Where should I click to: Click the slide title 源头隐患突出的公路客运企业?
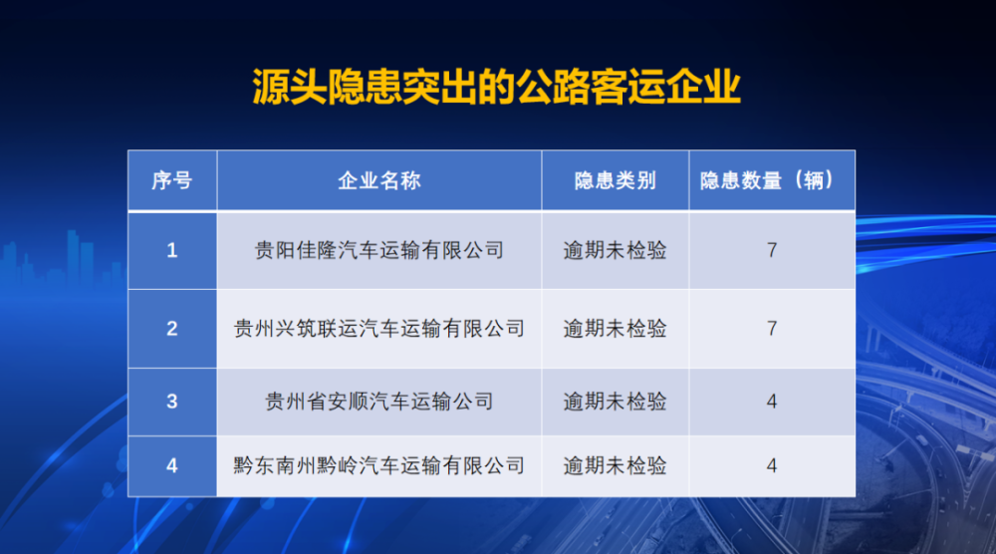[497, 87]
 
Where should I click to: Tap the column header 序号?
[172, 180]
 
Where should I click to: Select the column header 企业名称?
[379, 180]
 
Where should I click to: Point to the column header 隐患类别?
[615, 180]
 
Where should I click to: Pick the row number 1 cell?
[172, 250]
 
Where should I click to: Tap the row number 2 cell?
[172, 329]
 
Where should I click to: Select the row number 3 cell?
[172, 402]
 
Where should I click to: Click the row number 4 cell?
[172, 465]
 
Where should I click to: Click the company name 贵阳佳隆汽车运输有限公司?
[379, 250]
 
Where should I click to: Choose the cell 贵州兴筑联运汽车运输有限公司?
[379, 329]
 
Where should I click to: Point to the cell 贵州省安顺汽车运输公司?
[379, 402]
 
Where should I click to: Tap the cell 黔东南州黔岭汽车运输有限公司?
[379, 465]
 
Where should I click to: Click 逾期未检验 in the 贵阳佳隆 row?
[615, 250]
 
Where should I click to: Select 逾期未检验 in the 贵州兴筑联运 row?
[615, 329]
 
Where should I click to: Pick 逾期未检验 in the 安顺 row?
[615, 402]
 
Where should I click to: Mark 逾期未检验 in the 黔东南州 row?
[615, 465]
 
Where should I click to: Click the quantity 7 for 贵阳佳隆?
[772, 250]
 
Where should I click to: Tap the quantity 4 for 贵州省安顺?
[772, 402]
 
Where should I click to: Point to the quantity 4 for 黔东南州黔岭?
[772, 465]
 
